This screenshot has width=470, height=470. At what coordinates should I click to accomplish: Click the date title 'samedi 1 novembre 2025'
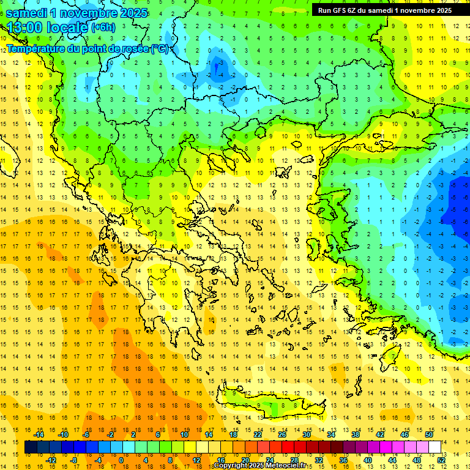[x=76, y=13]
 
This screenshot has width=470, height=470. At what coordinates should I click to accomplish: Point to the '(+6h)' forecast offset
[x=103, y=28]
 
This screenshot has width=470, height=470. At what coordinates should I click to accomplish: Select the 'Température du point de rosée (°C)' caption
[x=89, y=48]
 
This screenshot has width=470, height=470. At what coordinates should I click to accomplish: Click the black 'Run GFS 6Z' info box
[x=385, y=10]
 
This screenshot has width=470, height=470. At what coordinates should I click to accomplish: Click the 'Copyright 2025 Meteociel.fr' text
[x=259, y=466]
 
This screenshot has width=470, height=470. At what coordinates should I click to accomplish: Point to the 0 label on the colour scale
[x=121, y=460]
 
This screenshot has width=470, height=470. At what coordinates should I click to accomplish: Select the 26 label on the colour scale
[x=282, y=435]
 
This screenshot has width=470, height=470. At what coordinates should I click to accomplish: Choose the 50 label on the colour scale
[x=429, y=435]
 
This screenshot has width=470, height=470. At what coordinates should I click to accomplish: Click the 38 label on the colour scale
[x=356, y=435]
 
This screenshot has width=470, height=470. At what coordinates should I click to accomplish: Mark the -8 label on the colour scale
[x=73, y=460]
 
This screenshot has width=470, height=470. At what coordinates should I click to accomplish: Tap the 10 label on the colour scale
[x=184, y=435]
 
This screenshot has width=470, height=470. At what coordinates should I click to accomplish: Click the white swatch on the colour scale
[x=435, y=447]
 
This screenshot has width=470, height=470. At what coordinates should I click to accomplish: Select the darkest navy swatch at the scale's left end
[x=31, y=447]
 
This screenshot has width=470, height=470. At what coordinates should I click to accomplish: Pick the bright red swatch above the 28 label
[x=288, y=447]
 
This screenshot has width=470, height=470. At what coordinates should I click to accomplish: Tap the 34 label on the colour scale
[x=331, y=435]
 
